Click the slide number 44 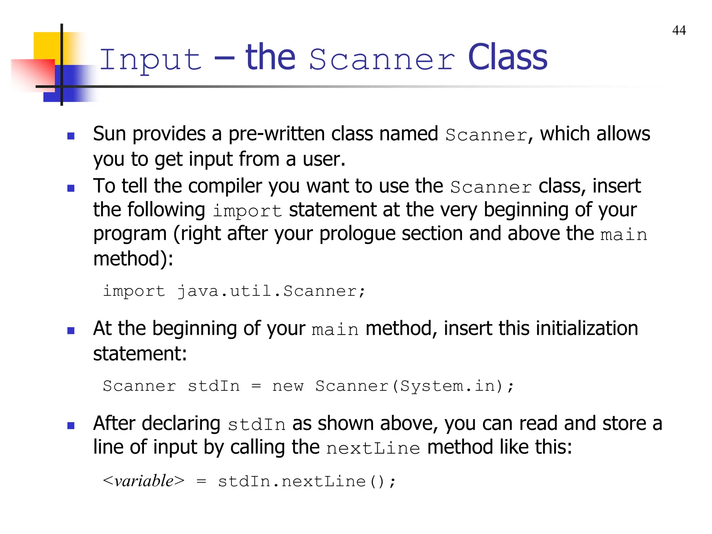pyautogui.click(x=679, y=31)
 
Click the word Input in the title pyautogui.click(x=151, y=59)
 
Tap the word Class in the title pyautogui.click(x=507, y=58)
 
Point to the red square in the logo pyautogui.click(x=33, y=75)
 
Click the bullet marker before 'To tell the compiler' pyautogui.click(x=71, y=188)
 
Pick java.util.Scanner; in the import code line pyautogui.click(x=272, y=291)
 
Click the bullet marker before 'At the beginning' pyautogui.click(x=71, y=330)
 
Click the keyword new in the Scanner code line pyautogui.click(x=288, y=386)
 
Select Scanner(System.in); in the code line pyautogui.click(x=414, y=386)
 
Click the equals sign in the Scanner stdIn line pyautogui.click(x=256, y=386)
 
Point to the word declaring pyautogui.click(x=181, y=423)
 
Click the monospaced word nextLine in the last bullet pyautogui.click(x=373, y=448)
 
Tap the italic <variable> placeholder pyautogui.click(x=144, y=481)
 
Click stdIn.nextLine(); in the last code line pyautogui.click(x=307, y=482)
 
